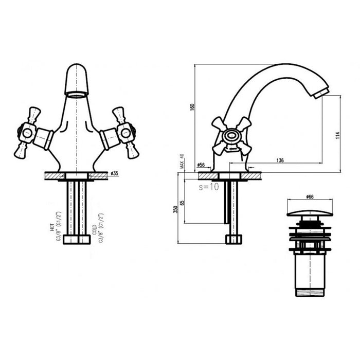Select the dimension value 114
click(337, 135)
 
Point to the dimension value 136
click(280, 160)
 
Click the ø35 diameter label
click(114, 173)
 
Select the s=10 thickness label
click(209, 187)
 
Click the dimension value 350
click(176, 210)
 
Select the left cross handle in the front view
click(26, 132)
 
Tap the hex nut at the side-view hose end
click(233, 239)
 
